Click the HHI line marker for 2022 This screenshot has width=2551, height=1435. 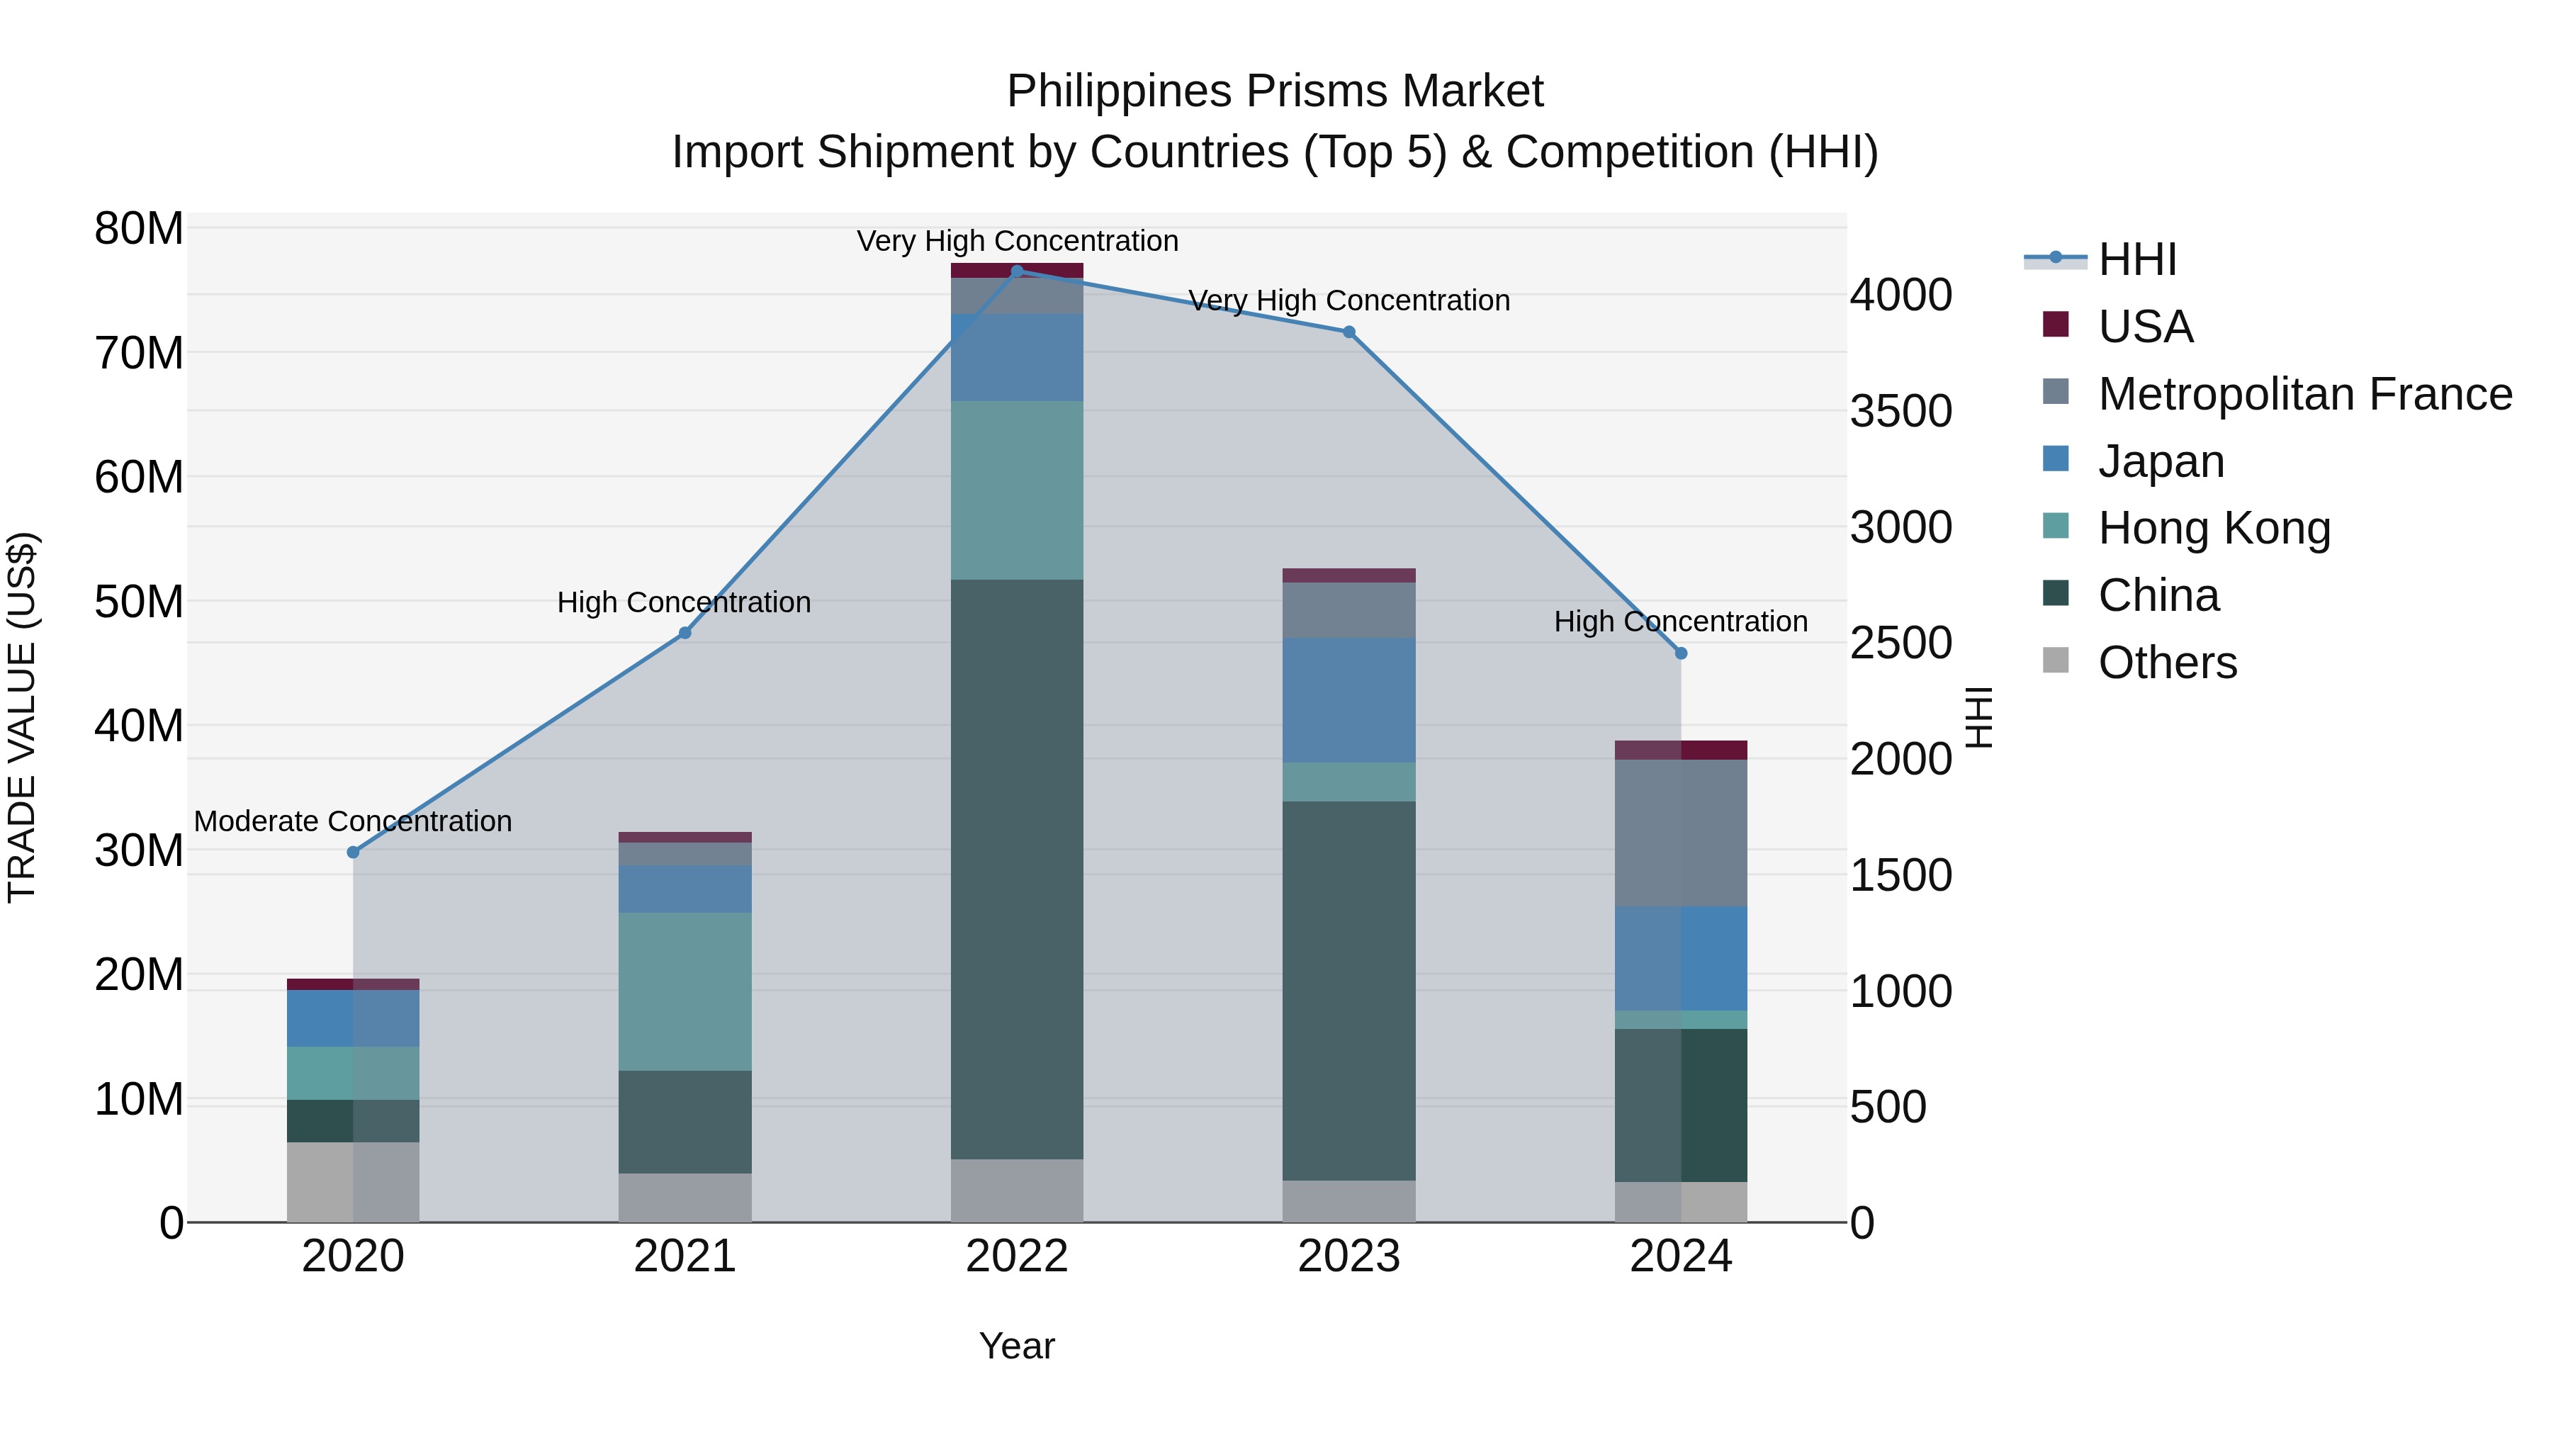point(1016,271)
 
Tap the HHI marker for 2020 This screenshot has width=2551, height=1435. point(354,852)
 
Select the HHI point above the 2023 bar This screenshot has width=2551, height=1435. point(1348,332)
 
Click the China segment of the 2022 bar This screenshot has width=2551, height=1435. point(1016,869)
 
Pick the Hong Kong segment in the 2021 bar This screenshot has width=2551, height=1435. point(685,991)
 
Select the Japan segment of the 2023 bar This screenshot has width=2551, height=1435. point(1348,700)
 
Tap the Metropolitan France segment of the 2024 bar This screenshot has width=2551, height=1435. point(1681,832)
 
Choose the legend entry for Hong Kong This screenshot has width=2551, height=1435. point(2213,528)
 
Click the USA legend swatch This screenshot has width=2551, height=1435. point(2056,325)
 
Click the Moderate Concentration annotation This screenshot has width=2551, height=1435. point(353,821)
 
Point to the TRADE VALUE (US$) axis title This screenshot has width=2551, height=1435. point(22,717)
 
